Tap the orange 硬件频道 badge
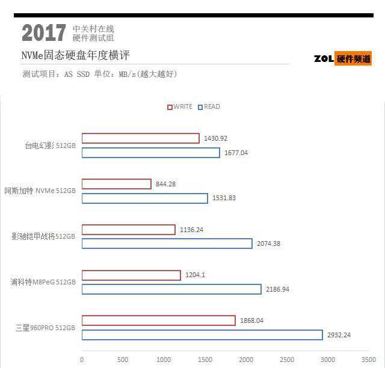pyautogui.click(x=354, y=58)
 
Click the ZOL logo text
pyautogui.click(x=324, y=58)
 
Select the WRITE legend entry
pyautogui.click(x=180, y=107)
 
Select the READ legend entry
pyautogui.click(x=209, y=107)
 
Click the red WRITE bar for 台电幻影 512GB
pyautogui.click(x=140, y=138)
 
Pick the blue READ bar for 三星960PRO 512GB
pyautogui.click(x=202, y=335)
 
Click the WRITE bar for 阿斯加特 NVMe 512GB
pyautogui.click(x=116, y=184)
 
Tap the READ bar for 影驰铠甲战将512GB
pyautogui.click(x=167, y=244)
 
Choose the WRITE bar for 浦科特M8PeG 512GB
pyautogui.click(x=131, y=275)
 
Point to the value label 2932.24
pyautogui.click(x=340, y=335)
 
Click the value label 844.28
pyautogui.click(x=165, y=184)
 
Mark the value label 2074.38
pyautogui.click(x=268, y=244)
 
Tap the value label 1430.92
pyautogui.click(x=215, y=138)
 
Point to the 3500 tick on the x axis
pyautogui.click(x=368, y=360)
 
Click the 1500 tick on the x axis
pyautogui.click(x=205, y=360)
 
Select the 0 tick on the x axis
pyautogui.click(x=82, y=360)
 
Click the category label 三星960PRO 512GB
pyautogui.click(x=46, y=328)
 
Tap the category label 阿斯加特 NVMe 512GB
pyautogui.click(x=40, y=191)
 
